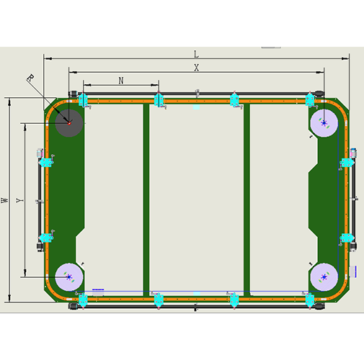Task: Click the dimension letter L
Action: [x=196, y=54]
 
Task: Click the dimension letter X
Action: [x=197, y=68]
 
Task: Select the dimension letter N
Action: [x=121, y=81]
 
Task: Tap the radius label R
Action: [x=30, y=78]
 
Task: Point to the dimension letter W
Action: [x=4, y=200]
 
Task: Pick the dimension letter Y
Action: [x=19, y=200]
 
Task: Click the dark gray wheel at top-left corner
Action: [x=69, y=123]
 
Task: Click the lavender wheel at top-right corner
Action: [x=324, y=123]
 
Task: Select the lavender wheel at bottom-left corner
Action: [x=69, y=277]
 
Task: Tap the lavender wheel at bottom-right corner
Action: [x=324, y=277]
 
